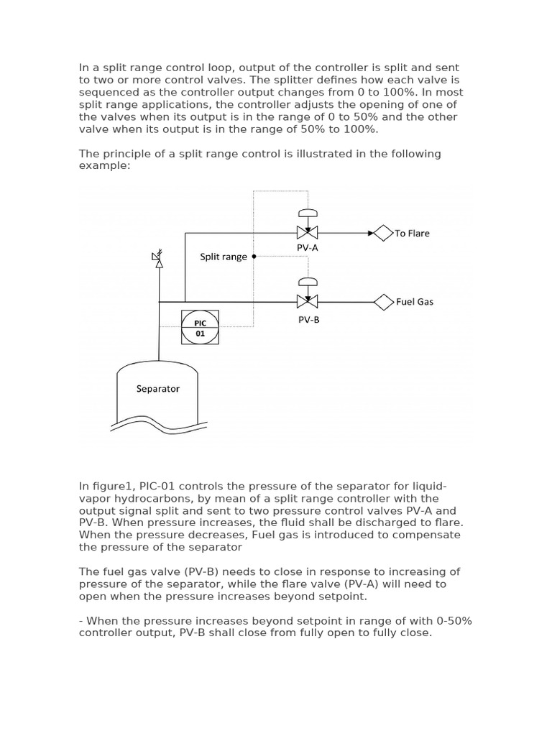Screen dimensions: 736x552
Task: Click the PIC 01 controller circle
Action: [201, 328]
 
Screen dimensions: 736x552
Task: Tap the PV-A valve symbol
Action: [308, 233]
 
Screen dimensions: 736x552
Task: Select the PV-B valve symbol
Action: [308, 301]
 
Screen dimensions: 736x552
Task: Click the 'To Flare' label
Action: [412, 234]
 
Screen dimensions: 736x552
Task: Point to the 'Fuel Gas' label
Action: [415, 302]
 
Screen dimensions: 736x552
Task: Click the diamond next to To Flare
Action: [384, 233]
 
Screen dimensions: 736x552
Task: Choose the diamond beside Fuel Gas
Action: [384, 302]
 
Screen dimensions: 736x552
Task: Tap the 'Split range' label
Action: [224, 257]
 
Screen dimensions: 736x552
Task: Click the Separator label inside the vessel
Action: [158, 389]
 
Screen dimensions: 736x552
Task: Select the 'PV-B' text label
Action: [308, 320]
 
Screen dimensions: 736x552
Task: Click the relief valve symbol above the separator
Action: [158, 259]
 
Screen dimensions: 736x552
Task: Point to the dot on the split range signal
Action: [254, 257]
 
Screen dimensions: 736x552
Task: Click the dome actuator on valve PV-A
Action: [308, 213]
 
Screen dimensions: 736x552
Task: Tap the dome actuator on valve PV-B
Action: [308, 282]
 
